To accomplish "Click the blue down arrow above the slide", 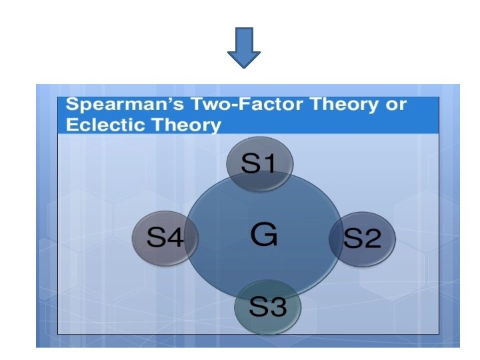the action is click(244, 47).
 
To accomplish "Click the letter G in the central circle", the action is click(264, 235).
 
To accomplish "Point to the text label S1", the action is click(259, 164).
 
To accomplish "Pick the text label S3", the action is click(268, 307).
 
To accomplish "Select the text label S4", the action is click(165, 237).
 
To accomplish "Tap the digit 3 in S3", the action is click(277, 307).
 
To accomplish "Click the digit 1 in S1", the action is click(268, 164).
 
